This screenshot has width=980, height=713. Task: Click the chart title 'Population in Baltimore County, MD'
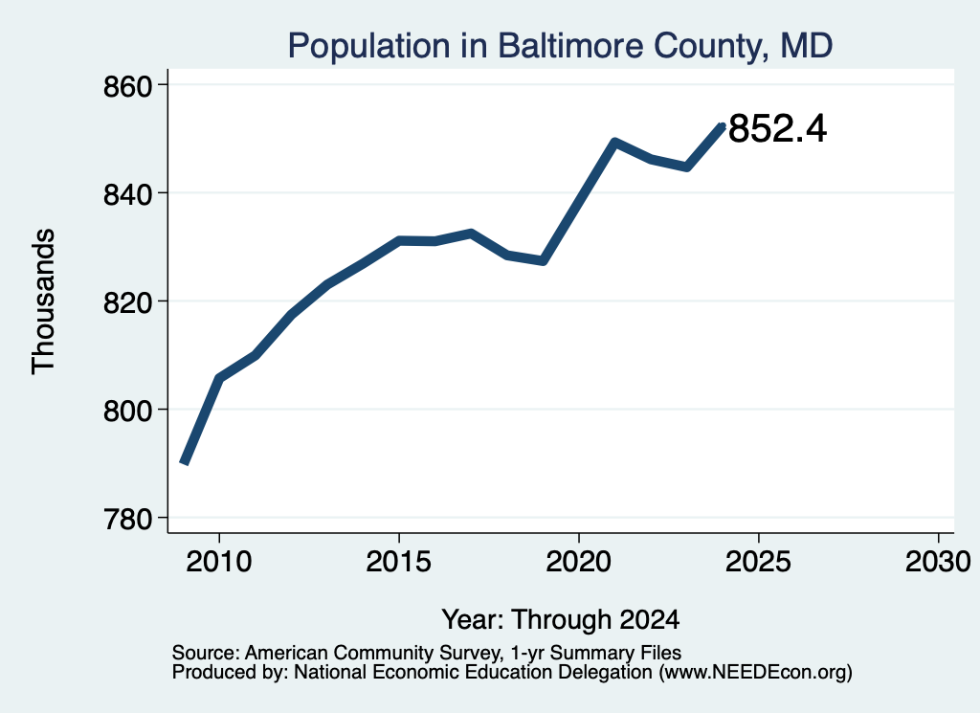tap(560, 46)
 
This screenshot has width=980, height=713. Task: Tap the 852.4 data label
tap(777, 129)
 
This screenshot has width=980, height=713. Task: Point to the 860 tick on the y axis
tap(128, 86)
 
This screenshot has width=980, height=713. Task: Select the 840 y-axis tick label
tap(128, 194)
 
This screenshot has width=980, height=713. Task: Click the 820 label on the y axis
tap(128, 302)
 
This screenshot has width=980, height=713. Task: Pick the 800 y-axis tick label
tap(128, 411)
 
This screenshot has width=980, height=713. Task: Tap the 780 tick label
tap(128, 520)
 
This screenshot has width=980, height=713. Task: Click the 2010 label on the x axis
tap(219, 561)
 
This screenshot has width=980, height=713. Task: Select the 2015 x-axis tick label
tap(399, 561)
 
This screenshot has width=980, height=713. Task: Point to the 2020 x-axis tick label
tap(579, 561)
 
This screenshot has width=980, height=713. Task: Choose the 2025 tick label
tap(758, 561)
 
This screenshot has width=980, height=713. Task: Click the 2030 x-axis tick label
tap(938, 561)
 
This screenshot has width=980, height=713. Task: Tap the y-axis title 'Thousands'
tap(44, 301)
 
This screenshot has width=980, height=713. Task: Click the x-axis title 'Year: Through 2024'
tap(561, 619)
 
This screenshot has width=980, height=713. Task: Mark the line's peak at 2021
tap(614, 143)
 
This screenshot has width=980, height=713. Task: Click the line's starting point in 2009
tap(184, 463)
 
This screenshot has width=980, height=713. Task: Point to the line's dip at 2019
tap(544, 260)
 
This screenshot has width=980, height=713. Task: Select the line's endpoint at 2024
tap(723, 126)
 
